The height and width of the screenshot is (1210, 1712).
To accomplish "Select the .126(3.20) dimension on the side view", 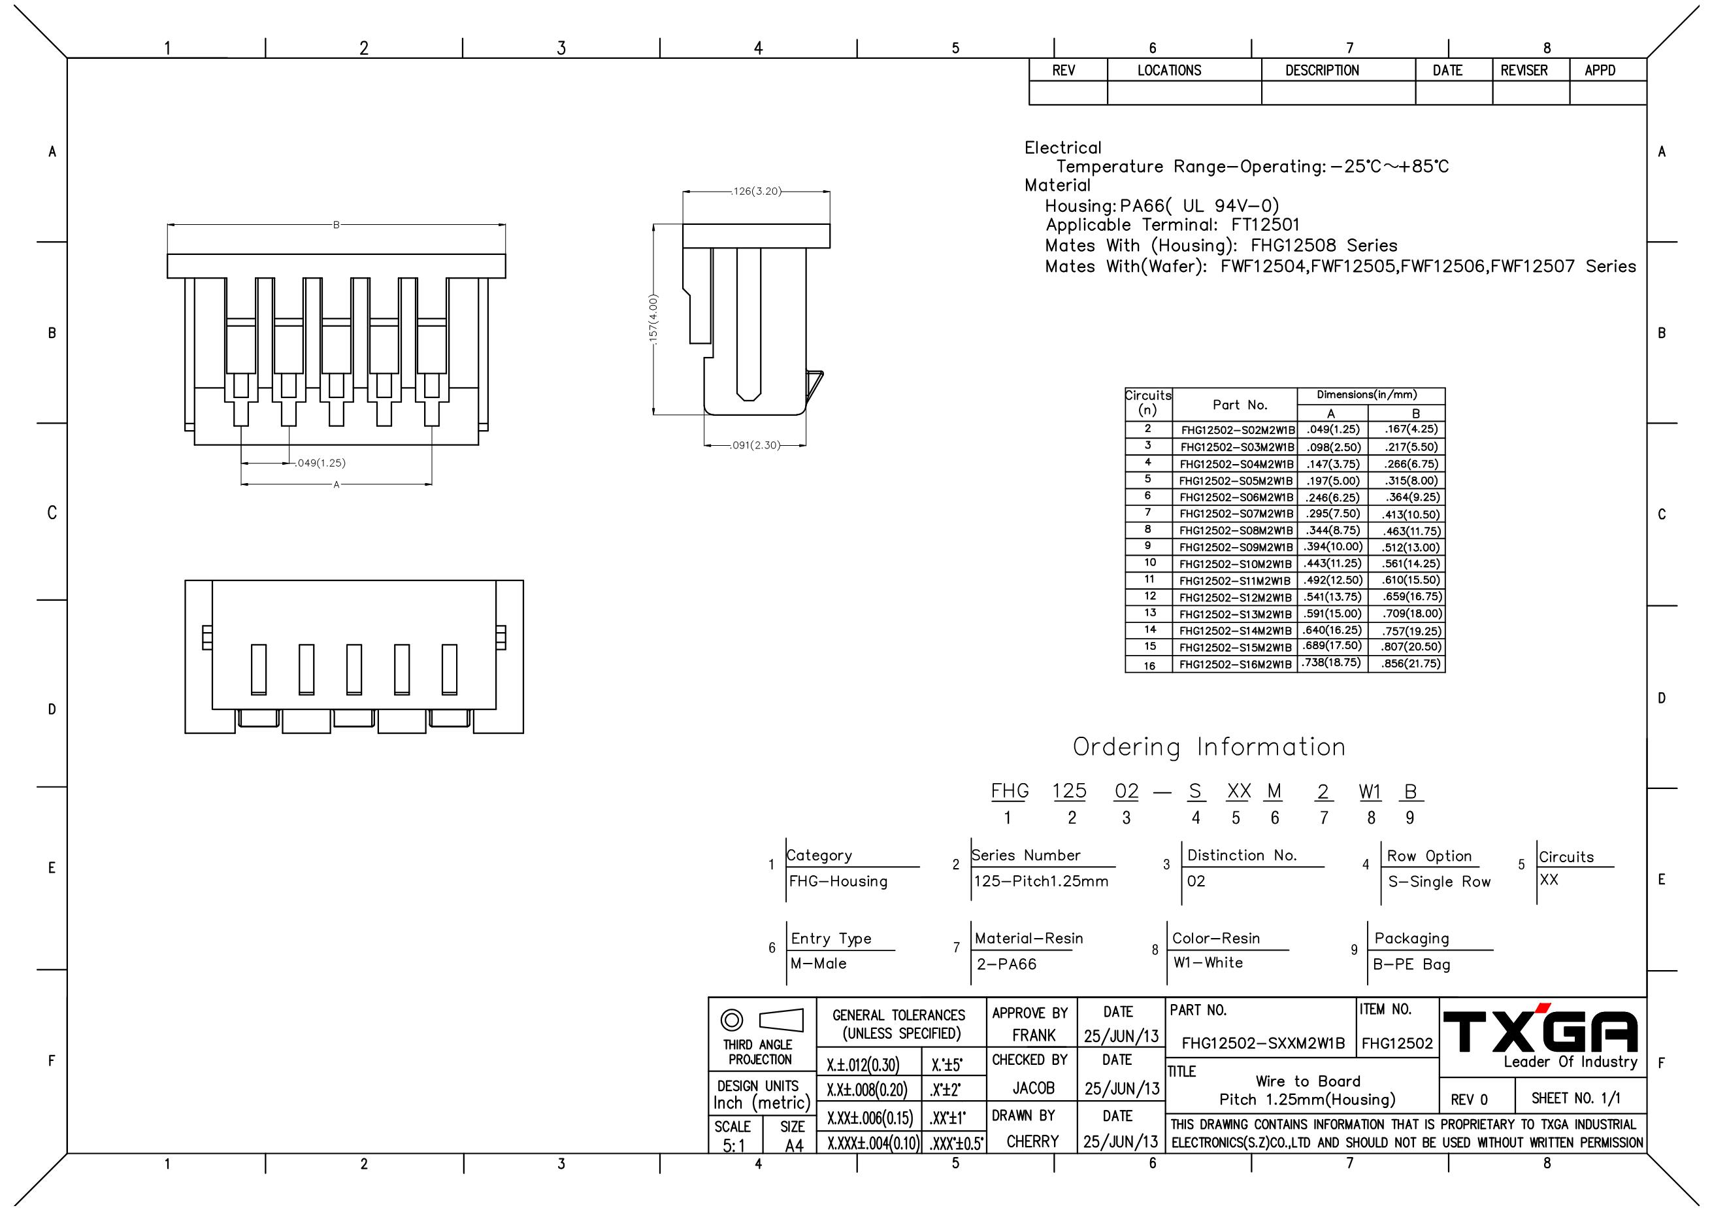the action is pyautogui.click(x=756, y=192).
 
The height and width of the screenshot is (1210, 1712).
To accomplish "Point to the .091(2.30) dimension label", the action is pyautogui.click(x=755, y=445).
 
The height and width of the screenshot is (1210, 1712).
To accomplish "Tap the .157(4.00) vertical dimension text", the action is pyautogui.click(x=654, y=319).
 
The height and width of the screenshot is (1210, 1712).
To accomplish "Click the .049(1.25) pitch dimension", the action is pyautogui.click(x=321, y=463).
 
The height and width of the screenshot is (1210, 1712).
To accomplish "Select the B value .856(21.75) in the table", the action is pyautogui.click(x=1411, y=664).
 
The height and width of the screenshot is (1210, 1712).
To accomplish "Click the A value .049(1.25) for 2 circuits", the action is pyautogui.click(x=1332, y=429).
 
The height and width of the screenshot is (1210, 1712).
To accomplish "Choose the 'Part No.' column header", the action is pyautogui.click(x=1240, y=405).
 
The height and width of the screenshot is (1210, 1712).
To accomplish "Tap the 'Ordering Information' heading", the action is pyautogui.click(x=1209, y=747).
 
